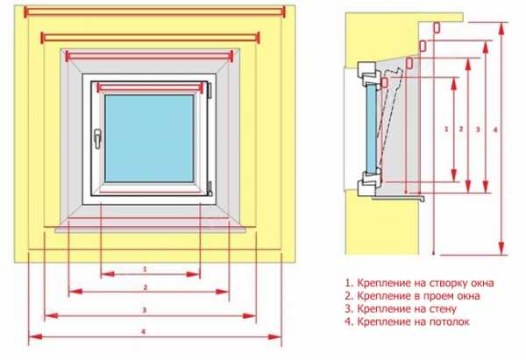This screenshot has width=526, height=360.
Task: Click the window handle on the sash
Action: [x=97, y=138]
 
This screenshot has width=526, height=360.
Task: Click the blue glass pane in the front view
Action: [x=149, y=138]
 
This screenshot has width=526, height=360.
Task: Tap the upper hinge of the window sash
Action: [x=210, y=90]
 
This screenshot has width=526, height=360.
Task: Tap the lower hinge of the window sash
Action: [x=210, y=188]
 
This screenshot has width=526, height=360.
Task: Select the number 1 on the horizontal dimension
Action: [x=145, y=269]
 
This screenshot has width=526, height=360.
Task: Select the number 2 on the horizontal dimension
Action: [x=146, y=287]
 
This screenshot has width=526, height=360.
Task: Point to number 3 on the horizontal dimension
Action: [x=145, y=310]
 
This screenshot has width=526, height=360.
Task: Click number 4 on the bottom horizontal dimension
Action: [x=144, y=331]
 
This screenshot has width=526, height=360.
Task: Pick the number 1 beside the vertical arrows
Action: [x=446, y=129]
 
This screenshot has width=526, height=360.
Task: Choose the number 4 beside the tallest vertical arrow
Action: [x=495, y=130]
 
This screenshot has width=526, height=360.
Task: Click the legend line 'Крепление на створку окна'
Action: [x=419, y=283]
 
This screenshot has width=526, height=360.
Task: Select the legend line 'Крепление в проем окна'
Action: [x=412, y=296]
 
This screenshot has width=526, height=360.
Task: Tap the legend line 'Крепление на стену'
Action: [x=401, y=308]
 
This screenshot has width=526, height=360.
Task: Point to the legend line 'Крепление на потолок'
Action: [x=408, y=321]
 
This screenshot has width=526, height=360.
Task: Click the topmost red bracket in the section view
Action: [x=437, y=27]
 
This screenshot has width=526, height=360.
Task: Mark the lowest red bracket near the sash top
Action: [x=385, y=82]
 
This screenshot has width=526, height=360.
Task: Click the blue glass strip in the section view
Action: [x=372, y=129]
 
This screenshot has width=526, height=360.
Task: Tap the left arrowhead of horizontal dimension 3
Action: [x=51, y=315]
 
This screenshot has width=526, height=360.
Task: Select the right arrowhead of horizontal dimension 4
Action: [x=274, y=337]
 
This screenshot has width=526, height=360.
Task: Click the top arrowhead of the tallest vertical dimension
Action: [x=501, y=29]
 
